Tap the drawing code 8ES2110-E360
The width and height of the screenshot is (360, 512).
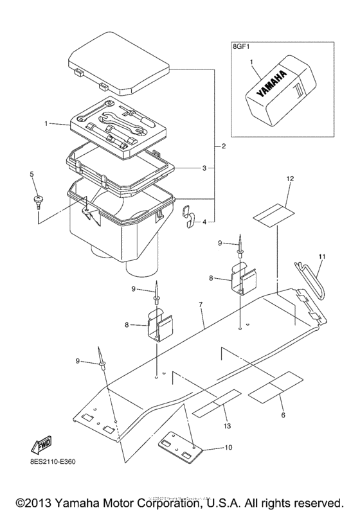tap(51, 478)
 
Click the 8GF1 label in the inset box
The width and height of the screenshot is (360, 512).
tap(242, 46)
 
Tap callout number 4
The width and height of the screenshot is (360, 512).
tap(204, 222)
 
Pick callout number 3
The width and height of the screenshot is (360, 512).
tap(204, 168)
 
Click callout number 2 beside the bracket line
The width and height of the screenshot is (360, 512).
tap(222, 147)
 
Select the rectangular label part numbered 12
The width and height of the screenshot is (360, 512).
tap(273, 212)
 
